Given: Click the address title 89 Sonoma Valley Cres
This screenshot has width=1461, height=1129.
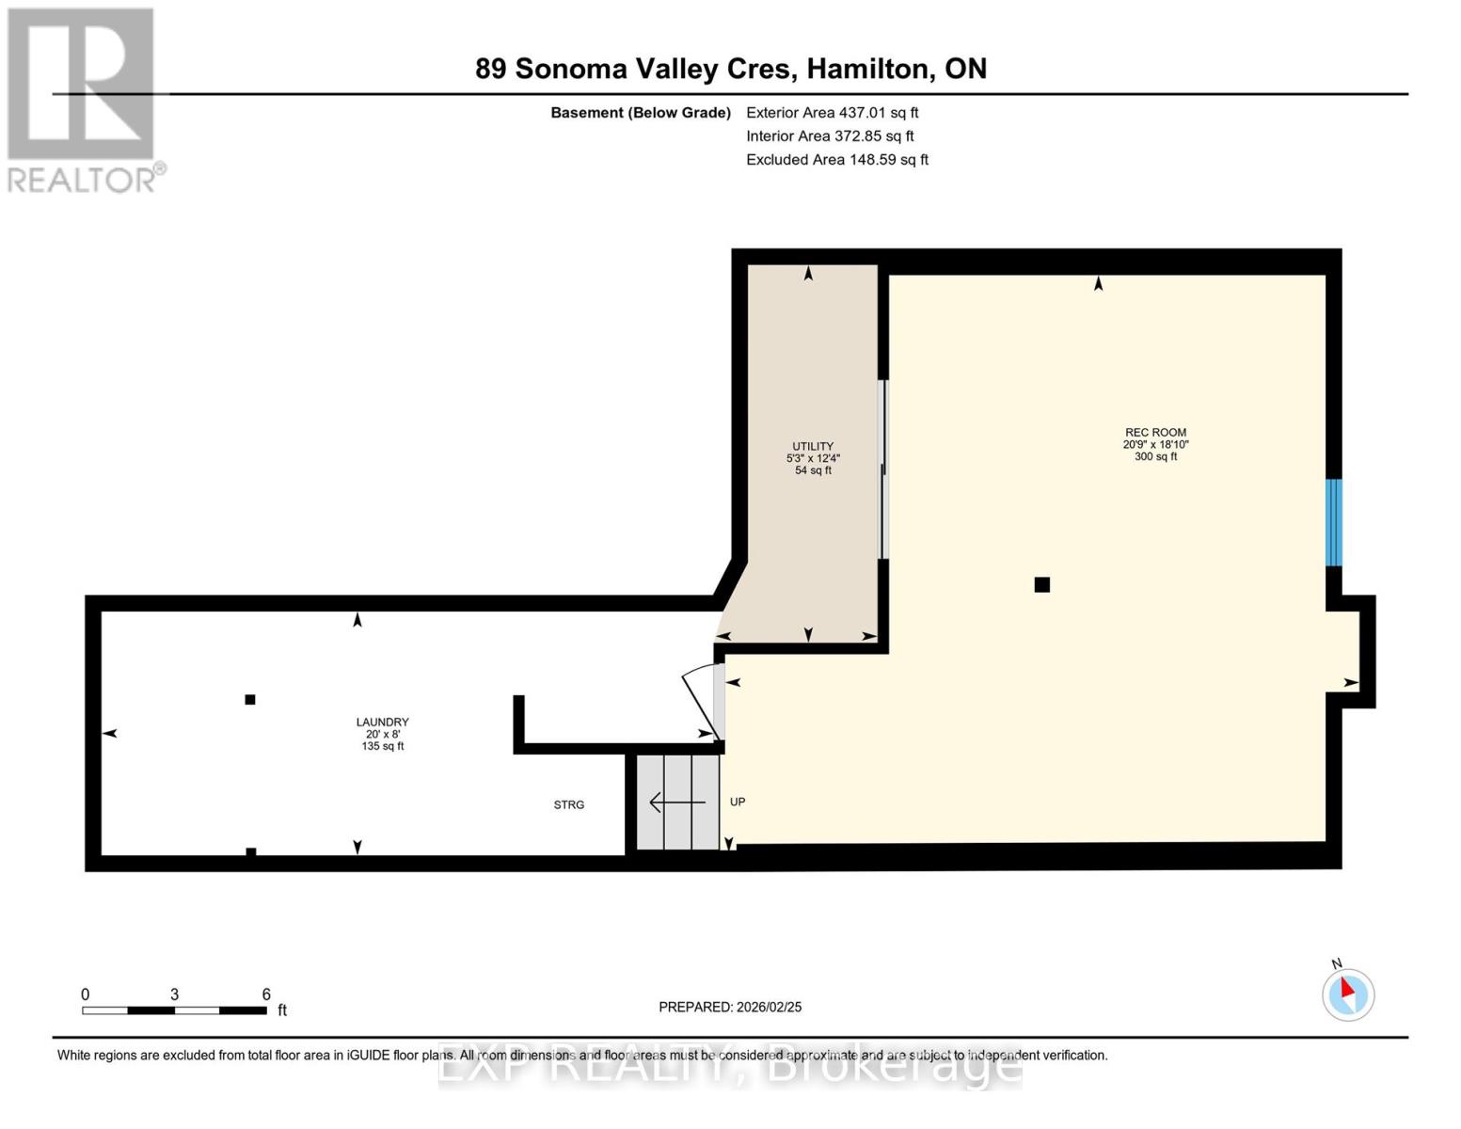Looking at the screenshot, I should (x=730, y=69).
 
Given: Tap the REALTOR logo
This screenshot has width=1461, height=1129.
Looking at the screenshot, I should (x=84, y=100).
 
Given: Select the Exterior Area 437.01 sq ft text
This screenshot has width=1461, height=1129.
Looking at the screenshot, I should (x=832, y=112).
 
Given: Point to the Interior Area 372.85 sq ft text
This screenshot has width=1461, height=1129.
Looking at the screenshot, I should (x=829, y=135).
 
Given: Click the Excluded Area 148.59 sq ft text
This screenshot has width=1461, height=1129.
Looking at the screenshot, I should (x=836, y=160).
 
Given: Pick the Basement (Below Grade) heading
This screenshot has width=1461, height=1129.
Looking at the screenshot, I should (x=640, y=112).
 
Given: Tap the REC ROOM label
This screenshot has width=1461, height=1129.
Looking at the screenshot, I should (x=1154, y=433).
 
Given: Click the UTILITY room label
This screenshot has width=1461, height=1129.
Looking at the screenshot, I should (x=812, y=447).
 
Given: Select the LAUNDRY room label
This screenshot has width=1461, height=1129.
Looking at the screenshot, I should (x=382, y=723).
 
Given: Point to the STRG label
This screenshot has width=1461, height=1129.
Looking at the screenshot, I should (x=568, y=805).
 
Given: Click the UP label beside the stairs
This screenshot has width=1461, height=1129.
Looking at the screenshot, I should (x=738, y=803).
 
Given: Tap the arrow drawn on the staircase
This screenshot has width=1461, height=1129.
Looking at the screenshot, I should (x=676, y=803).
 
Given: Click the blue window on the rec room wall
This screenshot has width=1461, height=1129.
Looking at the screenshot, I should (x=1333, y=522).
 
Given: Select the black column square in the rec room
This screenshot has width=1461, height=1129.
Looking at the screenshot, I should (x=1041, y=585).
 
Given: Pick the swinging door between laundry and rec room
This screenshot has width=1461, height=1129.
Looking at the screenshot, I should (x=701, y=701).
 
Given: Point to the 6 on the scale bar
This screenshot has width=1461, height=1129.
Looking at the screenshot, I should (x=266, y=994).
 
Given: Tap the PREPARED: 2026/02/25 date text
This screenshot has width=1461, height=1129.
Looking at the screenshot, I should (x=730, y=1007).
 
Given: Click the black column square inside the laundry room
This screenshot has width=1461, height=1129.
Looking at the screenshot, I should (x=250, y=699).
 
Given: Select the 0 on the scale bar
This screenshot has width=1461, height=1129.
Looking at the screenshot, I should (x=86, y=994).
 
